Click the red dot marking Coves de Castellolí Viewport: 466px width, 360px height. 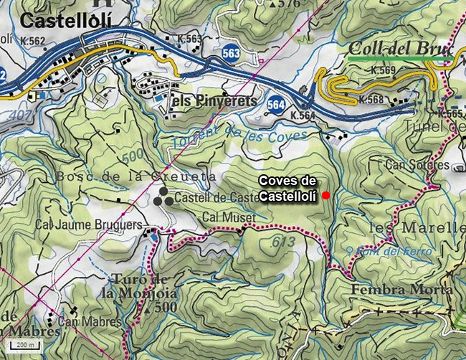point(325,195)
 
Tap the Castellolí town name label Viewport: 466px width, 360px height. point(67,20)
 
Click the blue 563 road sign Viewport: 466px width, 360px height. point(231,53)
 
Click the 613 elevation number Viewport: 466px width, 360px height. point(284,242)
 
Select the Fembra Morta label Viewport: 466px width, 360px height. point(402,289)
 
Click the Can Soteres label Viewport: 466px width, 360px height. point(417,165)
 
